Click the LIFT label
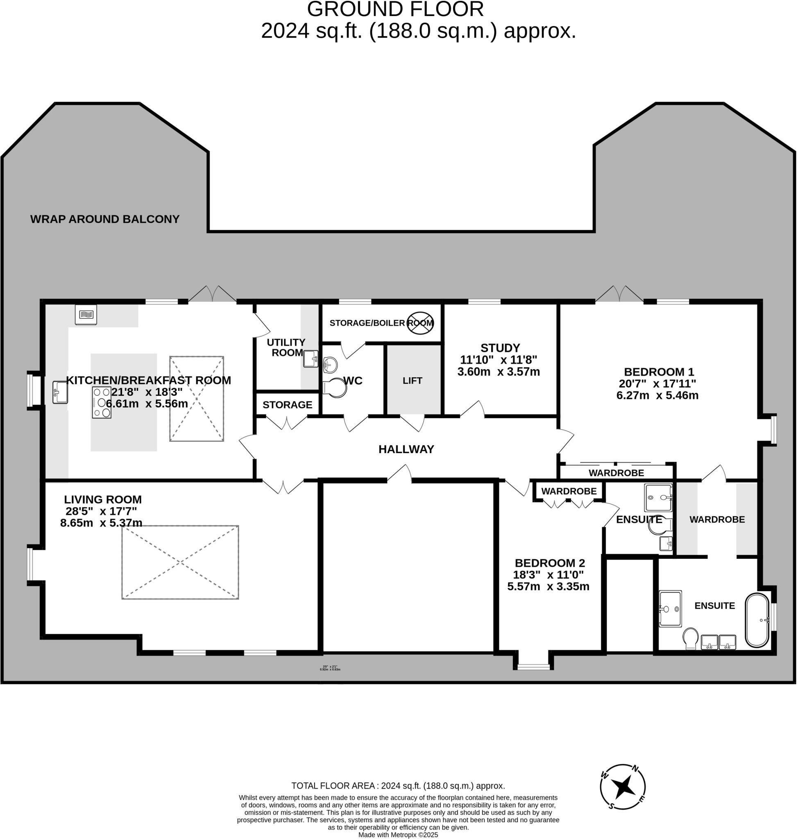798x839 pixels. pos(412,381)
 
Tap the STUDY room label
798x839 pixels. pos(500,348)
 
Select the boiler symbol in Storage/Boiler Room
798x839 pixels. pos(420,323)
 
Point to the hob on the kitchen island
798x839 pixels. pos(102,402)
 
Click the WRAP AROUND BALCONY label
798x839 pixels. pos(104,219)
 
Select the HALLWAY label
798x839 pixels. pos(406,449)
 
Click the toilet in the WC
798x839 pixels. pos(335,388)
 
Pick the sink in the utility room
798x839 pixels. pos(311,358)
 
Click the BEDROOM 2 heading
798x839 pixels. pos(550,563)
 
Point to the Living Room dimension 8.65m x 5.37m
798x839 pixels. pos(101,523)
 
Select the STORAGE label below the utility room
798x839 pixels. pos(287,405)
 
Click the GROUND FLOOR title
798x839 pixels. pos(395,9)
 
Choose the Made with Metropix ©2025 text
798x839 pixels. pos(398,835)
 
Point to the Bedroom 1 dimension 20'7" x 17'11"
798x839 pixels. pos(657,384)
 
